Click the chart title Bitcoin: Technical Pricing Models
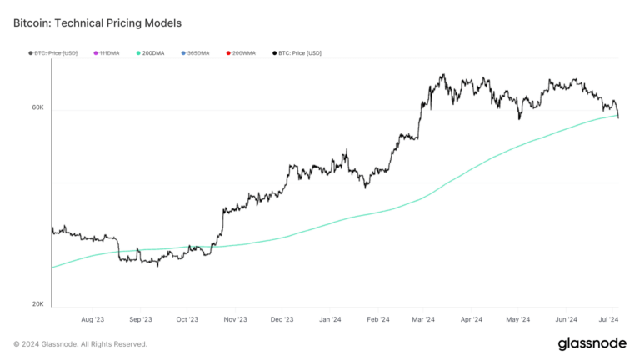(x=97, y=23)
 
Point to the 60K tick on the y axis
(x=37, y=107)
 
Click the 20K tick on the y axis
(x=37, y=304)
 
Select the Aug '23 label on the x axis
(x=93, y=319)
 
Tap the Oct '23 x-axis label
(x=187, y=319)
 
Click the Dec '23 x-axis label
(x=282, y=319)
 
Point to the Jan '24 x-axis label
(x=330, y=319)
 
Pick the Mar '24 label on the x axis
(x=423, y=319)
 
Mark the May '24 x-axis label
(x=518, y=319)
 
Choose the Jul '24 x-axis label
(x=608, y=319)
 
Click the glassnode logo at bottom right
(x=592, y=343)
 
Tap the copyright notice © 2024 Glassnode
(x=80, y=343)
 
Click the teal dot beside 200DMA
(x=137, y=53)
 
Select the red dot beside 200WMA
(x=227, y=53)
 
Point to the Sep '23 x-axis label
(x=141, y=319)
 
